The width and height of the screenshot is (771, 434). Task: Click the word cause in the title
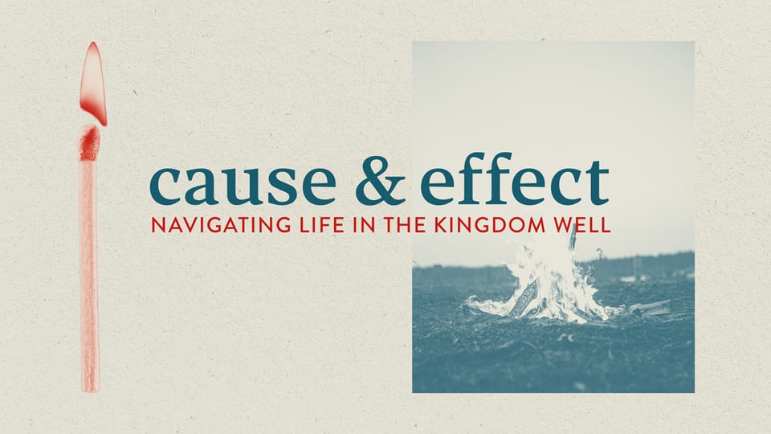pos(242,185)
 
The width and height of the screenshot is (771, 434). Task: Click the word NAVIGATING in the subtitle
pos(210,225)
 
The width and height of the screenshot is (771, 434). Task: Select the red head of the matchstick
pos(89,144)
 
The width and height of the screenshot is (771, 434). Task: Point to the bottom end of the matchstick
pos(90,386)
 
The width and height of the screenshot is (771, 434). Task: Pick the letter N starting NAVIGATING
pos(157,225)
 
